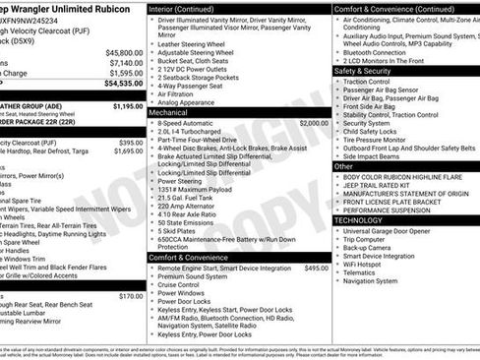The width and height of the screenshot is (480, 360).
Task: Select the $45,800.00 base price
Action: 124,52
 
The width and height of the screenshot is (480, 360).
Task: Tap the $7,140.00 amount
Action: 126,62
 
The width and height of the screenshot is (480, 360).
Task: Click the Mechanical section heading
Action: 175,113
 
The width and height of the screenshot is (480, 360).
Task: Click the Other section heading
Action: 343,166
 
